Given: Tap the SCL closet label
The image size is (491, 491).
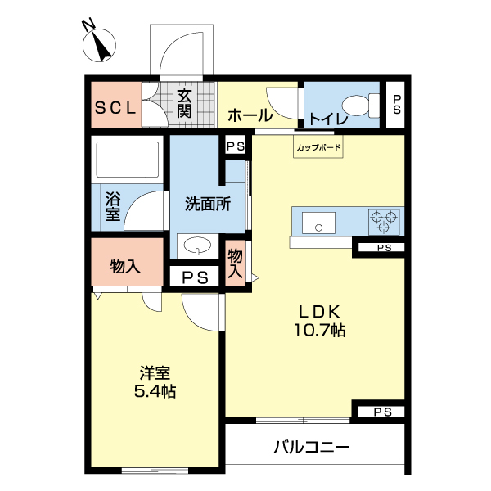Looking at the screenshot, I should [x=115, y=106].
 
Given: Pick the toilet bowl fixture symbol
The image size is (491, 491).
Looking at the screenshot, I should [x=358, y=105].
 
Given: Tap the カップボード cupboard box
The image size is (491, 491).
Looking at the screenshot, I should [x=318, y=147].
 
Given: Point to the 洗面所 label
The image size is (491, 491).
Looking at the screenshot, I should [x=205, y=205].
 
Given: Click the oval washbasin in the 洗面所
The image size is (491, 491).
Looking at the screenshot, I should [x=196, y=245].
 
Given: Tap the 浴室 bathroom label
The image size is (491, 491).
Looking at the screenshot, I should [x=112, y=205].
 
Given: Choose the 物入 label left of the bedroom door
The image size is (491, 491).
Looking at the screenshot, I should [x=125, y=265].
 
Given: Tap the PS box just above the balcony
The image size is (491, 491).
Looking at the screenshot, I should [x=382, y=412].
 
